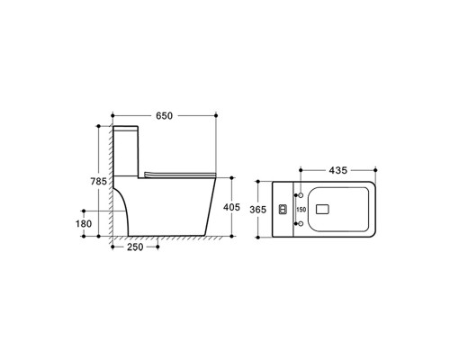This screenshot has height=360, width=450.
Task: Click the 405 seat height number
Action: [232, 208]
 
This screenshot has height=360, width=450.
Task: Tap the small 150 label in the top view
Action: [301, 210]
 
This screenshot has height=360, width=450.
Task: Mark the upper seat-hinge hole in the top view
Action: [297, 194]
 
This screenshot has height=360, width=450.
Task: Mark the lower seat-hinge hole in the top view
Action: [297, 224]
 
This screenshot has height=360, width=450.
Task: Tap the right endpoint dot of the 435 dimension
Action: [373, 170]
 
